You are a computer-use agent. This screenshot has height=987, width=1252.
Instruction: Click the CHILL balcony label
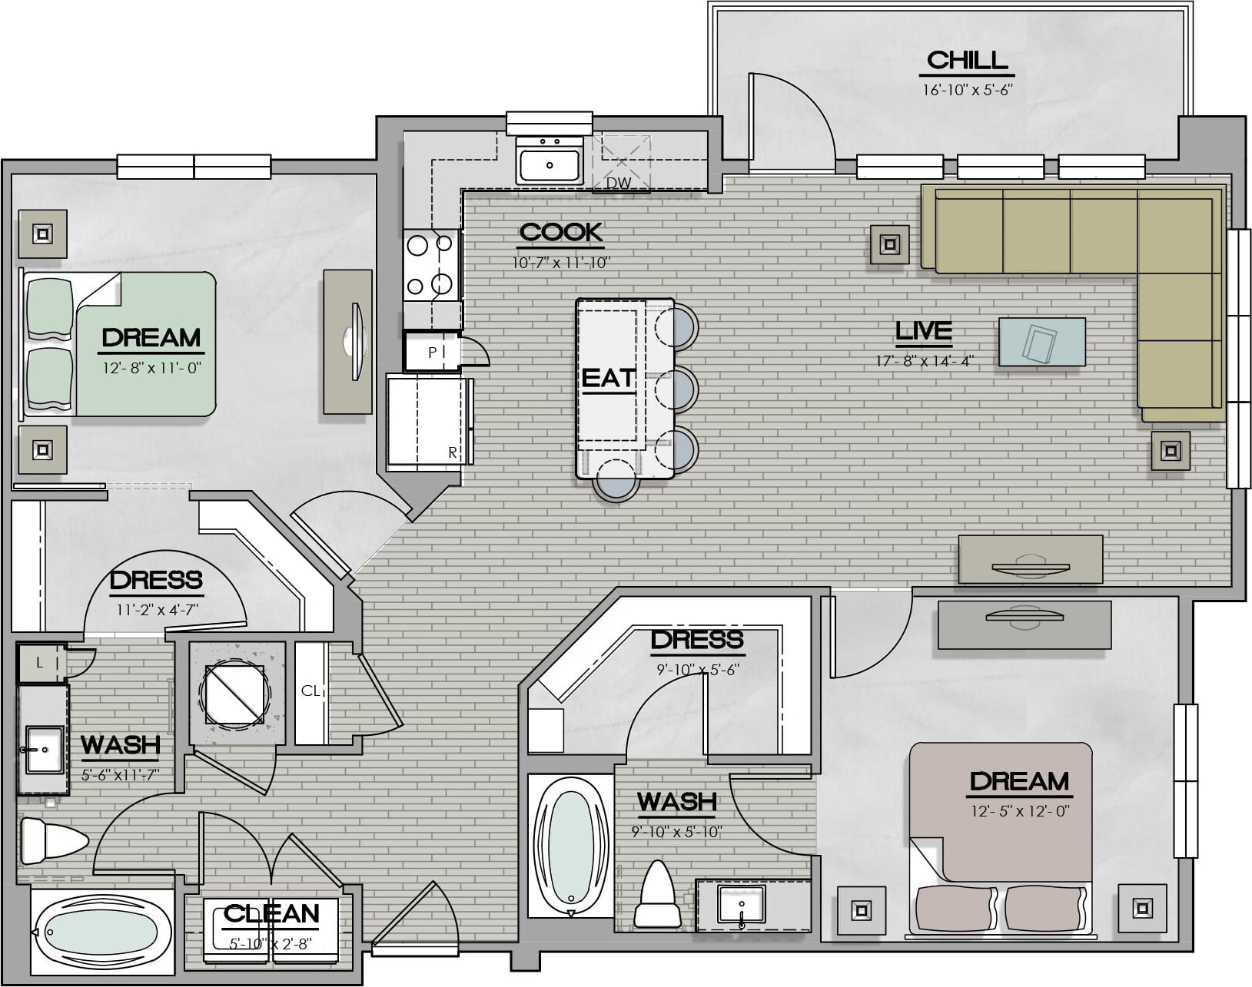tap(967, 60)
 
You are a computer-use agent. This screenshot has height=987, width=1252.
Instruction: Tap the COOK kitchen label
tap(561, 232)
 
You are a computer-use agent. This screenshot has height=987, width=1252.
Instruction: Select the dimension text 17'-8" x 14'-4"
tap(925, 361)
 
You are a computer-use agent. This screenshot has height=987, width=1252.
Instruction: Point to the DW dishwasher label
tap(619, 184)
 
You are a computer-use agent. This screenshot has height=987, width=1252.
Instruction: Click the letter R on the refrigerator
tap(453, 452)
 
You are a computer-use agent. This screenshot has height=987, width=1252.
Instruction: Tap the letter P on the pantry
tap(432, 353)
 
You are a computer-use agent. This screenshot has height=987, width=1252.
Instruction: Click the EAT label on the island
tap(608, 378)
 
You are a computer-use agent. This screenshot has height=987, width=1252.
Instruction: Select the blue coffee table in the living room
tap(1042, 341)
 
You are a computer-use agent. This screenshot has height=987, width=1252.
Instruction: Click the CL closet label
tap(310, 691)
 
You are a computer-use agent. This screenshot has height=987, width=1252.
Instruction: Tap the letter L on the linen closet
tap(39, 662)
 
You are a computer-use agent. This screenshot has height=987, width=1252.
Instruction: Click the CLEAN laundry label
tap(271, 914)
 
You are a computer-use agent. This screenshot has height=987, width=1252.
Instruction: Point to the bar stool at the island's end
tap(616, 481)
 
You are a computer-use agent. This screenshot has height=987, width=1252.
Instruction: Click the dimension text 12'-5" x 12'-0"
tap(1020, 811)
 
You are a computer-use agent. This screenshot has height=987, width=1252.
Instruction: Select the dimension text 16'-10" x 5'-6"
tap(968, 90)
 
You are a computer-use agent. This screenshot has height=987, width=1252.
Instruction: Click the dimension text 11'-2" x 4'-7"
tap(157, 610)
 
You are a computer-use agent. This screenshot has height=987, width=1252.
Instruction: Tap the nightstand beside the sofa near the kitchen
tap(889, 244)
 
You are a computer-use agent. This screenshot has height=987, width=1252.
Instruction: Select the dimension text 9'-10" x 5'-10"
tap(676, 833)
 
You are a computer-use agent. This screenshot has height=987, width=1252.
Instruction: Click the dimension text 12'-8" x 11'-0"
tap(152, 368)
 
